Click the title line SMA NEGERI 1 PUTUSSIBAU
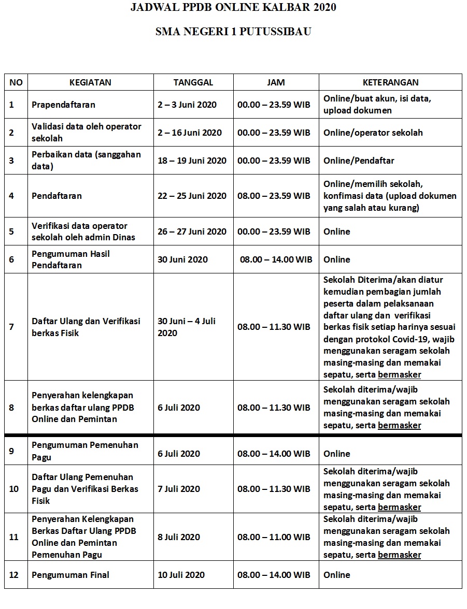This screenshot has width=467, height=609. coord(233,32)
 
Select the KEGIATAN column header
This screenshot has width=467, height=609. coord(90,82)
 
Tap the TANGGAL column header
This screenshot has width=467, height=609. coord(193,82)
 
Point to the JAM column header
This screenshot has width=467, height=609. coord(276,82)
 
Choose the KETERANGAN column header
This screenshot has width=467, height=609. coord(390,82)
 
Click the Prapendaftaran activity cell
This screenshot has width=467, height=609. coord(63,105)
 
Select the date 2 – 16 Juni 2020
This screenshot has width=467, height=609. coord(190,133)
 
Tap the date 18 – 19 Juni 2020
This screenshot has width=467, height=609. coord(192,161)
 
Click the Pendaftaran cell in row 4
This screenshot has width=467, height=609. coord(56,196)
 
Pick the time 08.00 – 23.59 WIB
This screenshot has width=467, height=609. coord(274,196)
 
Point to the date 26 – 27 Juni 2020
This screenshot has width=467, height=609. coord(192,231)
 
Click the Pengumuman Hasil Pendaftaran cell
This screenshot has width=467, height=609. coord(70,259)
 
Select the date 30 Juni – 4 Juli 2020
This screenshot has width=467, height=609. coord(187,327)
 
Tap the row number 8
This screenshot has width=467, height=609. coord(12,408)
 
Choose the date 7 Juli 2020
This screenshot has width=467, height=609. coord(179,489)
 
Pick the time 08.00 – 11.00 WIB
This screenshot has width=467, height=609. coord(274,537)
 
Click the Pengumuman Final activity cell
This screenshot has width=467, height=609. coord(70,575)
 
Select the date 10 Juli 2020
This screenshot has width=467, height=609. coord(181,575)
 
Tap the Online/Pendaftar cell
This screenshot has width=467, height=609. coord(359,161)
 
